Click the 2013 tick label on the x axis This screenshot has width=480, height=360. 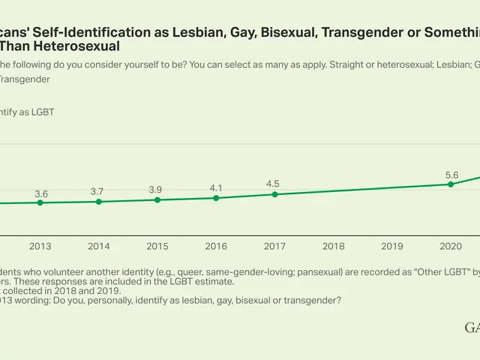pos(40,246)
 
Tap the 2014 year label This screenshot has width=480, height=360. pos(99,246)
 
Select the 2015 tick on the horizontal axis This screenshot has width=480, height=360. pos(157,246)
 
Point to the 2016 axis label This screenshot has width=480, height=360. pos(216,246)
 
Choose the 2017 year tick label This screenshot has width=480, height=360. pos(274,246)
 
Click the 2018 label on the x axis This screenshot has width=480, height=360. pos(333,246)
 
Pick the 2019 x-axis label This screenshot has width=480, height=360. pos(391,246)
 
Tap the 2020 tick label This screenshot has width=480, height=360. pos(450,246)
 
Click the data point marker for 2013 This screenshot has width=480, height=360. pos(40,202)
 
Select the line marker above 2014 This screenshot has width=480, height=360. pos(99,202)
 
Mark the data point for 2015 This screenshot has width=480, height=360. pos(157,199)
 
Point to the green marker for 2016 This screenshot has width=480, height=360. pos(216,198)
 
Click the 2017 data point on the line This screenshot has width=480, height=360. pos(274,194)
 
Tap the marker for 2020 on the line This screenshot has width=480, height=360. pos(450,184)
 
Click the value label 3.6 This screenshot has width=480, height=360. pos(41,193)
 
